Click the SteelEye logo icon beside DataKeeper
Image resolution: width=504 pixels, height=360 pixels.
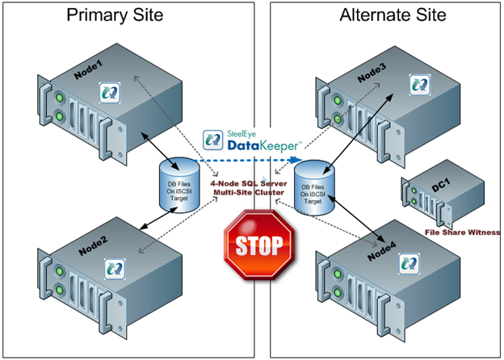pyautogui.click(x=212, y=140)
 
